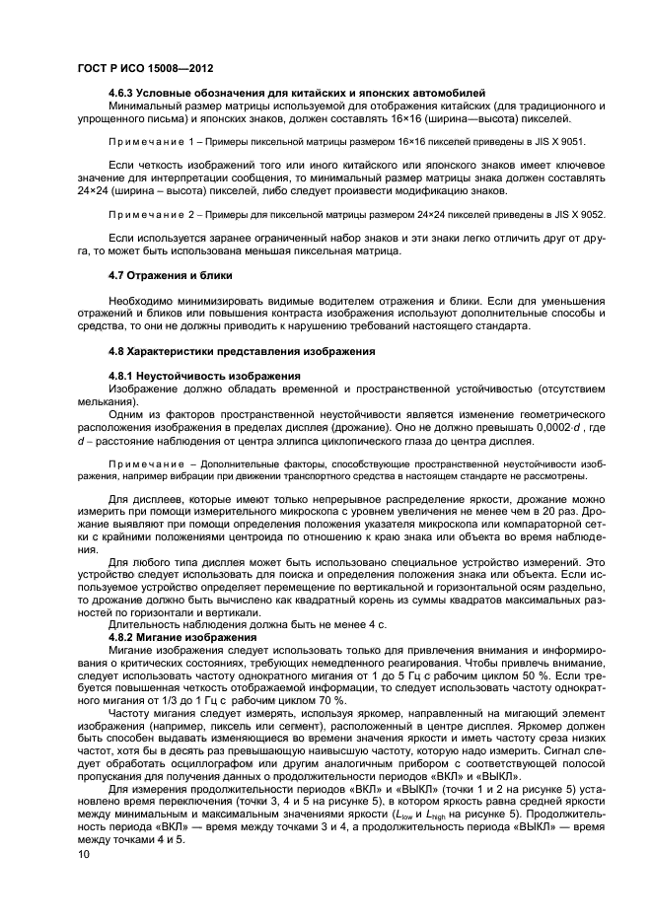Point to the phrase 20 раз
tap(556, 501)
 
